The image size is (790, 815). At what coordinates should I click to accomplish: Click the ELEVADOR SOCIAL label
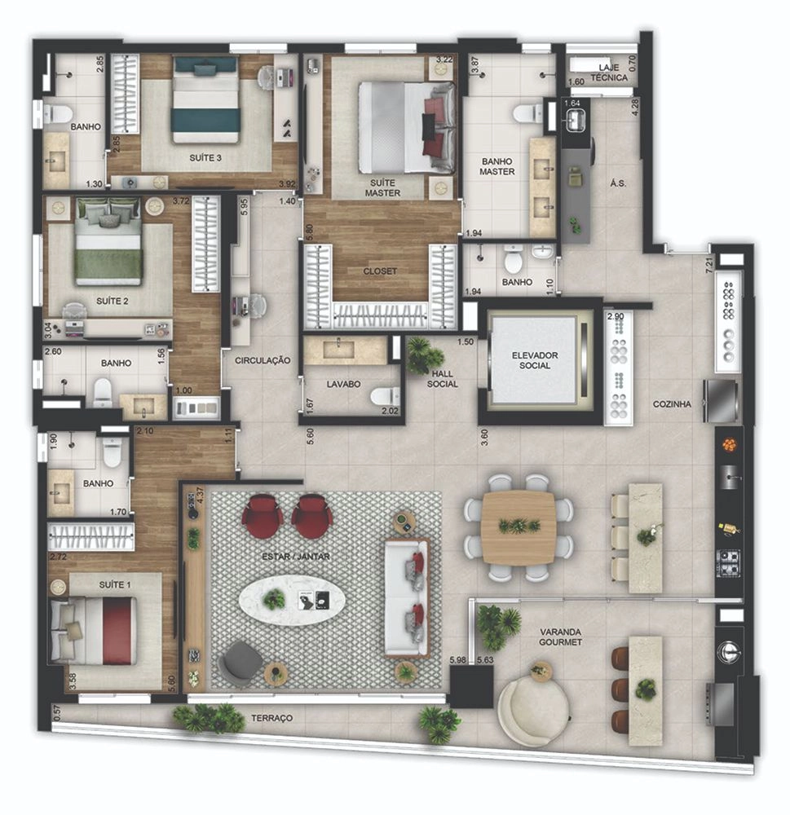tap(535, 360)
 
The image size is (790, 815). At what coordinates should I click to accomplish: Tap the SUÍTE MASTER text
tap(382, 187)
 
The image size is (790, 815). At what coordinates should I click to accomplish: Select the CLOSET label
tap(380, 271)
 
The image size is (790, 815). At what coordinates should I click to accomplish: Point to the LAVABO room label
tap(343, 384)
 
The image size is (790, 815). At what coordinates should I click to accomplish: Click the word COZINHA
tap(672, 404)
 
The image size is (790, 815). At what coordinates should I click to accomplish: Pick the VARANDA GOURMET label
tap(560, 637)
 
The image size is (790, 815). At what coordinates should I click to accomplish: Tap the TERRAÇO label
tap(272, 718)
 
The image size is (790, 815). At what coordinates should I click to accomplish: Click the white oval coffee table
tap(293, 601)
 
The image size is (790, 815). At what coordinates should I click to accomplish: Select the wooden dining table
tap(518, 527)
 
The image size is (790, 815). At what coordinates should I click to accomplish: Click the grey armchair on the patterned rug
tap(241, 659)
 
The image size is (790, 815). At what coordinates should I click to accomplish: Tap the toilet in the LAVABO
tap(385, 397)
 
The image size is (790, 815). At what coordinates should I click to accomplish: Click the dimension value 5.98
tap(458, 660)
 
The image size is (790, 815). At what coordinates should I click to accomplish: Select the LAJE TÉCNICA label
tap(609, 73)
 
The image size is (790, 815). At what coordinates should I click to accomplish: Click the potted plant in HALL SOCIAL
tap(425, 355)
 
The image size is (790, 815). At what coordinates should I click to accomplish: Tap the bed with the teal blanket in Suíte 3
tap(206, 99)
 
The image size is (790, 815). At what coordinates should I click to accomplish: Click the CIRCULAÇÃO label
tap(263, 360)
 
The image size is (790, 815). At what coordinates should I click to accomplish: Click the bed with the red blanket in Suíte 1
tap(94, 631)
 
